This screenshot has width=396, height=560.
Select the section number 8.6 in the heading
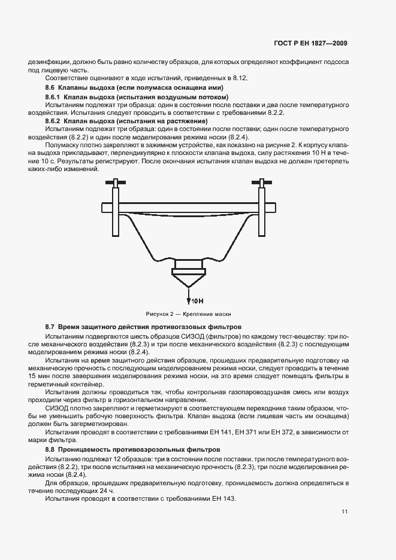[x=50, y=87]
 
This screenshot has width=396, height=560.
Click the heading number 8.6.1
[x=54, y=96]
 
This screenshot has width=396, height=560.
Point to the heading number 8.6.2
[x=54, y=120]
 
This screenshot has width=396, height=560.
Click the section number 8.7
[x=50, y=327]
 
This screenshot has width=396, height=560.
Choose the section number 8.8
[x=50, y=448]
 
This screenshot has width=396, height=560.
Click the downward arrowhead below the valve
[x=189, y=299]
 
